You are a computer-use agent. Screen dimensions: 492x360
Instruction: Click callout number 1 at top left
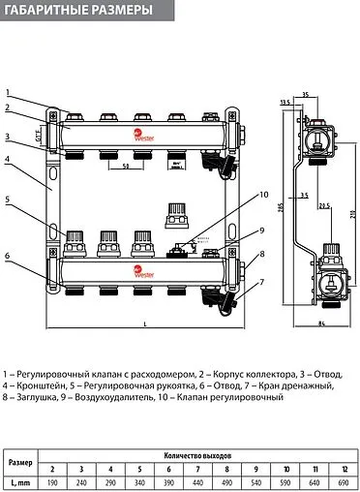7,89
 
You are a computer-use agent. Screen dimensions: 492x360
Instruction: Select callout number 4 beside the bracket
7,159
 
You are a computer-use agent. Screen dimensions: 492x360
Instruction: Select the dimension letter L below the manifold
144,323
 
